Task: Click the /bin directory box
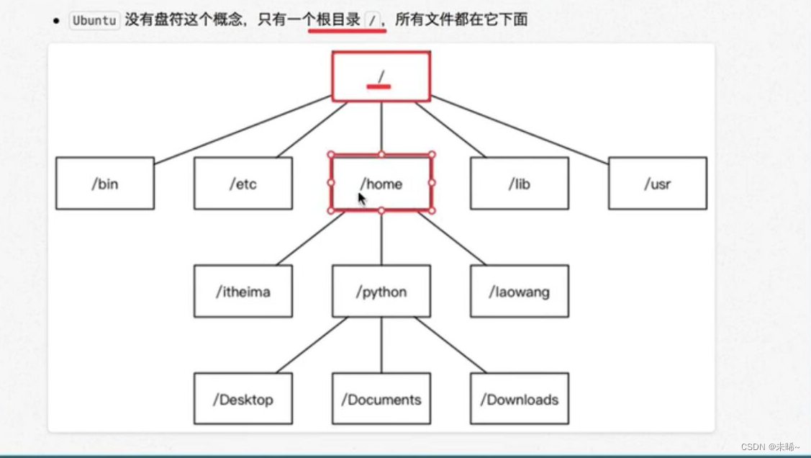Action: (105, 184)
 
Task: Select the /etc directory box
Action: (243, 184)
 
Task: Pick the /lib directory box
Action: (520, 184)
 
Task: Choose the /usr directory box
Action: (658, 184)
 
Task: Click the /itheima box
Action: (243, 292)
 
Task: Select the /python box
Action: (381, 292)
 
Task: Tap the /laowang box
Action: (520, 292)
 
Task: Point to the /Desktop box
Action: (243, 399)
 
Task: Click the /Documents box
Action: (381, 399)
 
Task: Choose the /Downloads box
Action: (520, 399)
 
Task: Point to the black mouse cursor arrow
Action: (362, 199)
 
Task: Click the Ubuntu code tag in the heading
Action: (94, 20)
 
